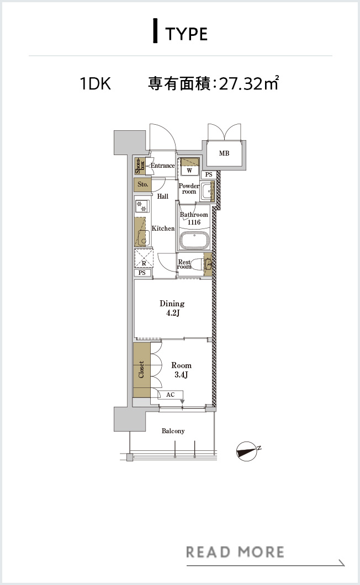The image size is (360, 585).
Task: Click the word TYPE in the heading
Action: coord(186,34)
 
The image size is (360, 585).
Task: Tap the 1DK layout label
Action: coord(96,83)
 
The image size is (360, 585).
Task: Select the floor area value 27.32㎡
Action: coord(248,83)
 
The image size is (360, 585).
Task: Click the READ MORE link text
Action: coord(235,552)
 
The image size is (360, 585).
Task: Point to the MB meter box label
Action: coord(224,153)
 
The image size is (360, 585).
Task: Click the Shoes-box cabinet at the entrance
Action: coord(140,166)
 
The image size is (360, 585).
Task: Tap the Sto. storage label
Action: coord(142,184)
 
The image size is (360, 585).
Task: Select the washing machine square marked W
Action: coord(190,171)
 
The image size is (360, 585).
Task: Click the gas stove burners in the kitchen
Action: coord(141,206)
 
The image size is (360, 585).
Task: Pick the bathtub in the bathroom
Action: coord(194,240)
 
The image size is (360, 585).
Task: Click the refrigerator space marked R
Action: coord(144,258)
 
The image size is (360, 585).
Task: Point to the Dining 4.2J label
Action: coord(172,308)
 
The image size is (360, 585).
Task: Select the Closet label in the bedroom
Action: coord(141,369)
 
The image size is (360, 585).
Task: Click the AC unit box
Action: coord(170,395)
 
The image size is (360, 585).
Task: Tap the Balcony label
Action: coord(173,431)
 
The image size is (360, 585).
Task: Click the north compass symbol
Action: coord(247,451)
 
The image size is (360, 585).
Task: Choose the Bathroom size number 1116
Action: coord(194,222)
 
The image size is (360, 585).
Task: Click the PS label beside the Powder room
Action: coord(209,174)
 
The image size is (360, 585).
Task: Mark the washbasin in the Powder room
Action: coord(206,192)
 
